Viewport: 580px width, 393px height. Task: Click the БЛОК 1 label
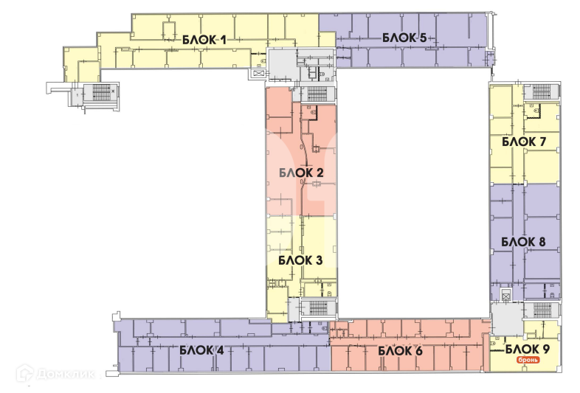point(204,40)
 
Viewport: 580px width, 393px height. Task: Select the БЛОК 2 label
point(302,173)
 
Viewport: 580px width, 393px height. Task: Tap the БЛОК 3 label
point(300,260)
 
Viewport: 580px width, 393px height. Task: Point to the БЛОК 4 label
point(201,350)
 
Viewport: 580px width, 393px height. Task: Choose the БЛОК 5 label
point(404,38)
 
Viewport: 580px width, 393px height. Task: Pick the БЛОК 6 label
point(400,350)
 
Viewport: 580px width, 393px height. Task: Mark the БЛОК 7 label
point(523,142)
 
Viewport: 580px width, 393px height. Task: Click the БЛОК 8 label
point(523,242)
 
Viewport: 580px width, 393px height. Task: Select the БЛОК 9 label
point(527,349)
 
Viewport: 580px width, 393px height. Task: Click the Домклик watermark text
point(64,375)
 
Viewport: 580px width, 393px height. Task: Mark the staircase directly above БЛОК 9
point(539,310)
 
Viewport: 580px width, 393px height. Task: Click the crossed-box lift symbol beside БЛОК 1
point(258,73)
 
